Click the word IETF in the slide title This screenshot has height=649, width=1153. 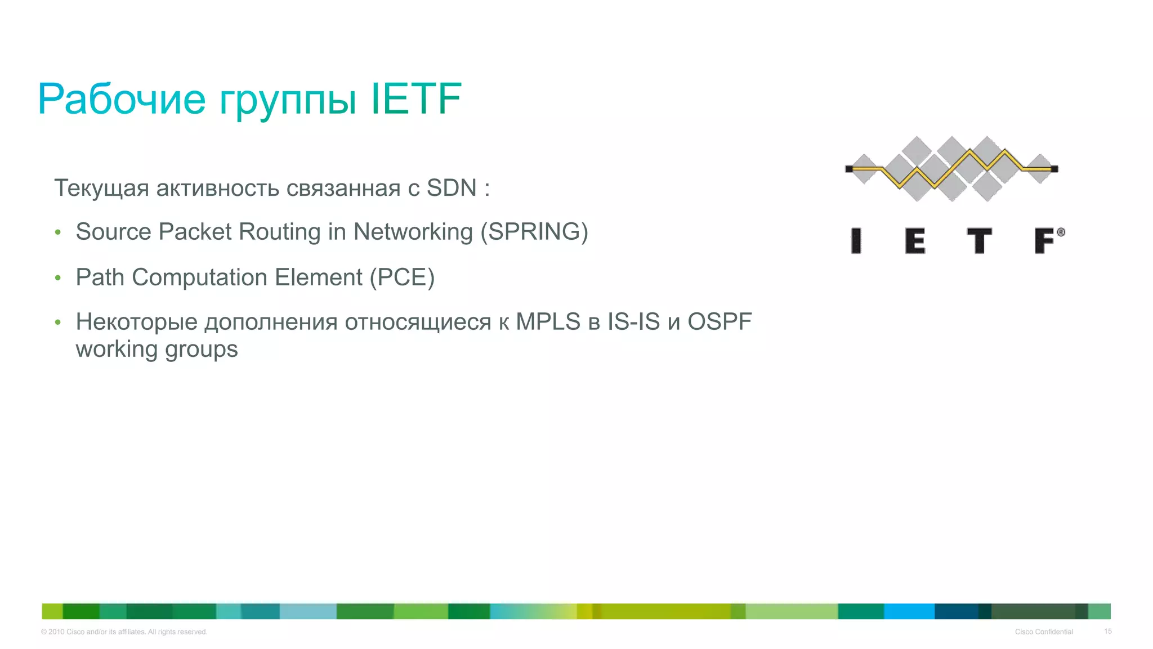417,99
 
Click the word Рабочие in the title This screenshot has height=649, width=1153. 122,99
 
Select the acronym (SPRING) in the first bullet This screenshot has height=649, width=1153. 534,232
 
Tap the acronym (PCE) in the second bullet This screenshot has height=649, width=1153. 402,277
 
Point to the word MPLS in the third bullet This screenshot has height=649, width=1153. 548,322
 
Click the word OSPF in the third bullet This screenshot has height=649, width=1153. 719,322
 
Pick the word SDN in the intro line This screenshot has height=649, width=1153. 452,188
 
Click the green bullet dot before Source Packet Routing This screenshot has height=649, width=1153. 57,232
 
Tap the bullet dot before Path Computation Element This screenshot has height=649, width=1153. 57,277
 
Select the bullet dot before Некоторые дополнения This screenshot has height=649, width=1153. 57,323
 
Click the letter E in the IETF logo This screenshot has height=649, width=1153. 915,241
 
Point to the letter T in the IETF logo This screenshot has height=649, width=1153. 979,241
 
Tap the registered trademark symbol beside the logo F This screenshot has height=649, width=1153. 1061,232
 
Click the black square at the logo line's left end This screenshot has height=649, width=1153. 849,169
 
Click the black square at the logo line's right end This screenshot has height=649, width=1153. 1054,169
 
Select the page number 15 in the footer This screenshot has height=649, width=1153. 1107,632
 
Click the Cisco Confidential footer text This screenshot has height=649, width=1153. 1044,632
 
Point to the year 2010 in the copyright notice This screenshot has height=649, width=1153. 56,632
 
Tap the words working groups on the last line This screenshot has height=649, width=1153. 157,349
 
